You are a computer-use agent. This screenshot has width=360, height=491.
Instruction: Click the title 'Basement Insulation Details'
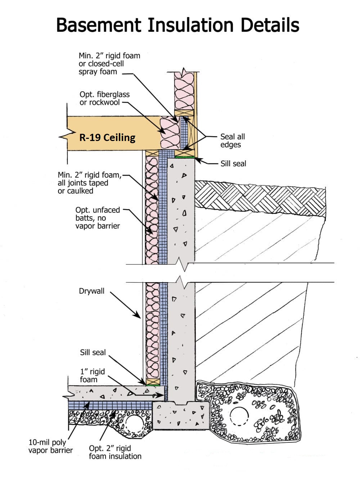[x=178, y=25]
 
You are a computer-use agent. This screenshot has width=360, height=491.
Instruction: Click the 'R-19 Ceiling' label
[x=107, y=138]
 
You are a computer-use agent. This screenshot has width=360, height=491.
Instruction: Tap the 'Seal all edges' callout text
[x=233, y=141]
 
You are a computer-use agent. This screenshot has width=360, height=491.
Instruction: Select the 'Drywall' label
[x=91, y=291]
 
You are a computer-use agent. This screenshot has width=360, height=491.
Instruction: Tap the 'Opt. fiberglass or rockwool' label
[x=104, y=98]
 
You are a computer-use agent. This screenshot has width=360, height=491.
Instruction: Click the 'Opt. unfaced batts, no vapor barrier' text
[x=98, y=218]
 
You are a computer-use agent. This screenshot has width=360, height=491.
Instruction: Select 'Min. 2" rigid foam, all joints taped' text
[x=90, y=179]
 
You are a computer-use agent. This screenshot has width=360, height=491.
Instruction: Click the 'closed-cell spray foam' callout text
[x=101, y=68]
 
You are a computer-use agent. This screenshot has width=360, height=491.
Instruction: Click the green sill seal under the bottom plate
[x=153, y=385]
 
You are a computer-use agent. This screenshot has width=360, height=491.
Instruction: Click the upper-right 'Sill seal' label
[x=233, y=164]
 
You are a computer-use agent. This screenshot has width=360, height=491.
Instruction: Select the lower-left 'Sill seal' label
[x=93, y=353]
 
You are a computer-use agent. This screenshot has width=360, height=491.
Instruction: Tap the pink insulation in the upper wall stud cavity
[x=184, y=91]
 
